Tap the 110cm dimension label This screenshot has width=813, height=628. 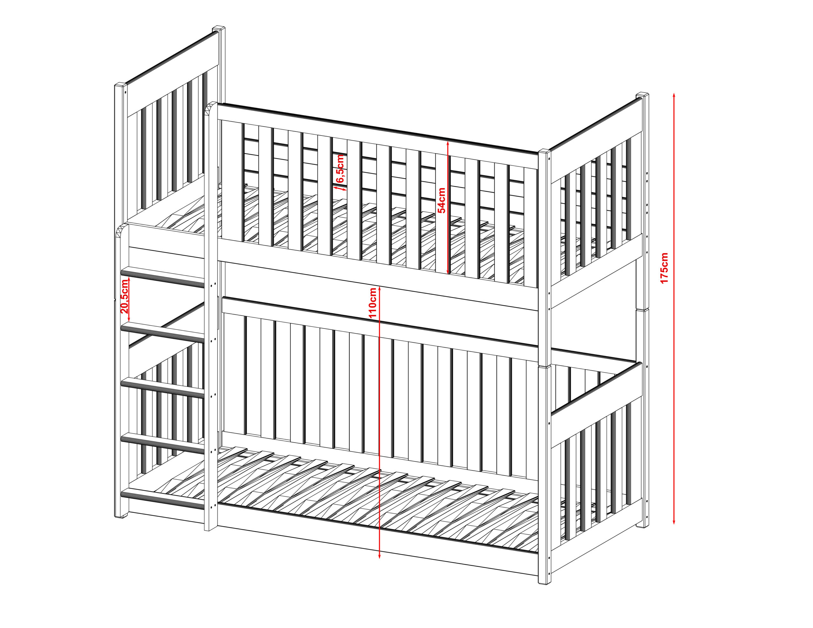coord(373,302)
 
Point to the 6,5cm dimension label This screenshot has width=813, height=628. coord(340,169)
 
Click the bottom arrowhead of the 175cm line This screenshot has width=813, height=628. coord(674,521)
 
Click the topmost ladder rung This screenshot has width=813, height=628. coord(162,277)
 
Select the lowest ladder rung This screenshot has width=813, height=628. coord(162,498)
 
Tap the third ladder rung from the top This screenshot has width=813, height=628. coord(162,388)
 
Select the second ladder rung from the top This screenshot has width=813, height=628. coord(162,332)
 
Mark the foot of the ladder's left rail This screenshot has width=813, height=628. coord(121,515)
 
